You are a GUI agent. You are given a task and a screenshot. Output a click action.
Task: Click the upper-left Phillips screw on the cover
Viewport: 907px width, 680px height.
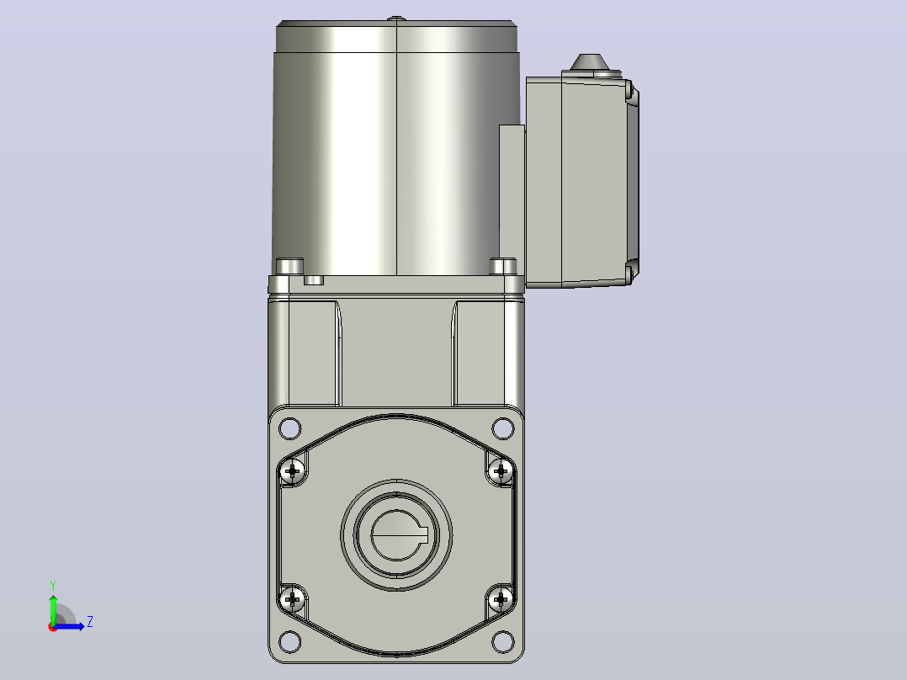click(293, 471)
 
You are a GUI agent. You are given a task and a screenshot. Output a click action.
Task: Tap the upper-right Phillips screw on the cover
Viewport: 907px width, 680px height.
click(501, 471)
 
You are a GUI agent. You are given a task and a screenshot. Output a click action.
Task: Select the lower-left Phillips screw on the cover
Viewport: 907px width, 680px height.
click(293, 599)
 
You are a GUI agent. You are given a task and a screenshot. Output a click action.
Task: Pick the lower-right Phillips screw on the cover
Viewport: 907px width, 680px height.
click(501, 599)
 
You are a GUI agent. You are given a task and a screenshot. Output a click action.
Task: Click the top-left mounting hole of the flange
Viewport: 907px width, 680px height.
click(289, 429)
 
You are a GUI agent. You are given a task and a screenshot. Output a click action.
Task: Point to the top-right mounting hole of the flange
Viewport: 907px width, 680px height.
click(502, 429)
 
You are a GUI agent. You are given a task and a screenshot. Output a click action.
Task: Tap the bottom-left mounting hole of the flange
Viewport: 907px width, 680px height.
click(289, 641)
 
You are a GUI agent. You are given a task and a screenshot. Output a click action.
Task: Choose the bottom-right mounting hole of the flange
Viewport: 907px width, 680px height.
click(502, 641)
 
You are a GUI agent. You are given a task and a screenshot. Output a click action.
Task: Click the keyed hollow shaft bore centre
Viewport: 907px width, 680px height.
click(397, 535)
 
